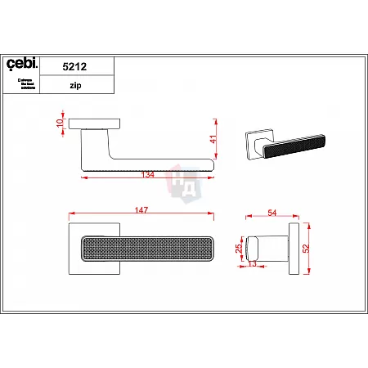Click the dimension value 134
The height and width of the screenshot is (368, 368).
pos(149,173)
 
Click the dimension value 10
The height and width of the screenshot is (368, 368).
pos(60,123)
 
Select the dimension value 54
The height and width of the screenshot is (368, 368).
pos(272,213)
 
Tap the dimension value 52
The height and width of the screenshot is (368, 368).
pos(307,249)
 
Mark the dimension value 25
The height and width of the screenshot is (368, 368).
pos(238,248)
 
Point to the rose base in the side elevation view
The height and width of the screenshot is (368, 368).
pos(95,124)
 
